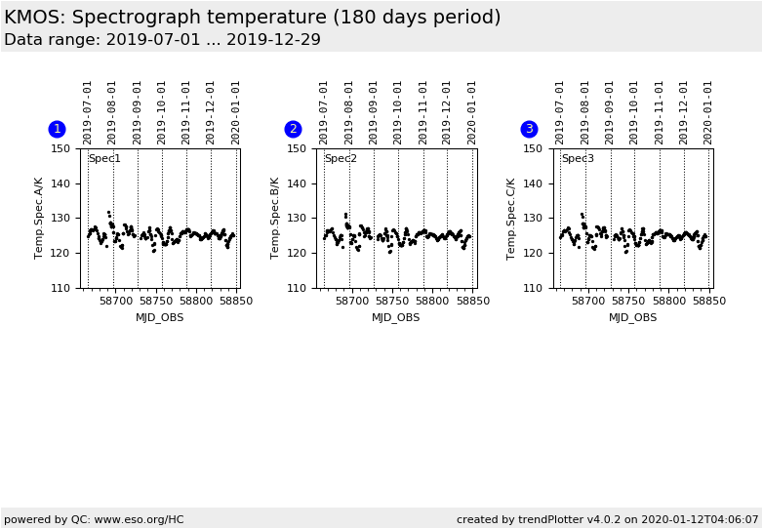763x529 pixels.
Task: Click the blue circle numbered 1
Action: pos(57,129)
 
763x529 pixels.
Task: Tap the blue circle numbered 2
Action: pos(293,129)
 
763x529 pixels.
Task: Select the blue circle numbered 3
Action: pos(529,129)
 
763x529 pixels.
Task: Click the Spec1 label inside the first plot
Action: pos(104,159)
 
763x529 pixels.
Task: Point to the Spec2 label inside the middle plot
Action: pos(341,159)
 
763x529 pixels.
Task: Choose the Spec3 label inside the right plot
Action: pos(577,159)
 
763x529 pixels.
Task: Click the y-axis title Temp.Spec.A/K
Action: pos(40,218)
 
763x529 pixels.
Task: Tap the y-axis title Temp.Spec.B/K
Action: pos(276,218)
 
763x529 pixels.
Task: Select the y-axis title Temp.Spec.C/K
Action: pos(512,218)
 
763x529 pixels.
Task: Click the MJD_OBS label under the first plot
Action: pos(160,317)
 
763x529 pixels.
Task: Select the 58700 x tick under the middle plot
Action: pos(351,302)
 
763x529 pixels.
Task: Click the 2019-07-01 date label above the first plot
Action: pos(88,111)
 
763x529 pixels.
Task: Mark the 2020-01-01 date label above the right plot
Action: pos(708,111)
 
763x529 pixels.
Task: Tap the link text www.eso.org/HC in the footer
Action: pos(140,519)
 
